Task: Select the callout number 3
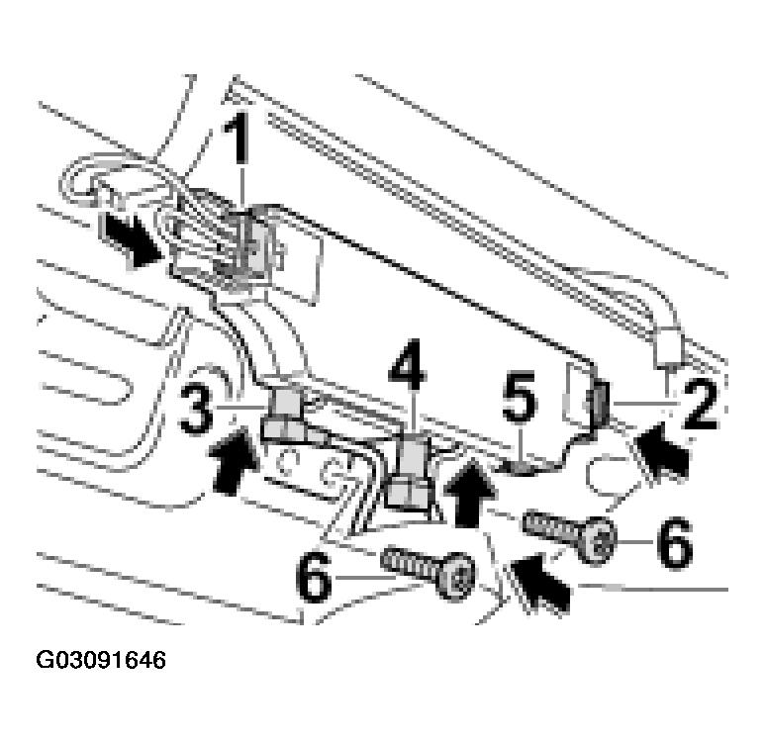196,409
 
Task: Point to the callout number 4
408,364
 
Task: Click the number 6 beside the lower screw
314,577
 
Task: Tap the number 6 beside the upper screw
675,543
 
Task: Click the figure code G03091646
101,660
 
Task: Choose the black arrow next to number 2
663,450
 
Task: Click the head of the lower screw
457,577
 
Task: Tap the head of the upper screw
598,540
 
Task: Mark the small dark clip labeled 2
601,404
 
